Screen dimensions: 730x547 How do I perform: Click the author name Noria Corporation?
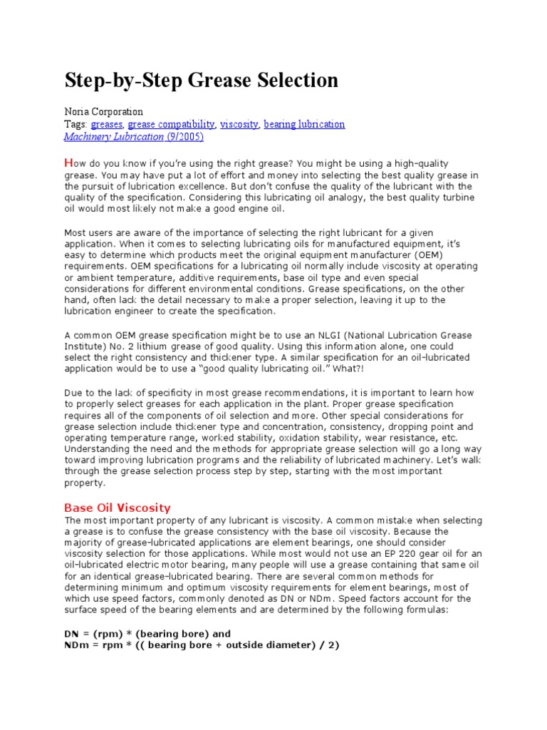pyautogui.click(x=104, y=112)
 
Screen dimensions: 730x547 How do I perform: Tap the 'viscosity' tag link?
pyautogui.click(x=239, y=124)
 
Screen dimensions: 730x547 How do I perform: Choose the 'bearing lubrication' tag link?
pyautogui.click(x=304, y=124)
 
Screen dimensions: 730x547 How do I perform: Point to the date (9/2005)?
pyautogui.click(x=185, y=136)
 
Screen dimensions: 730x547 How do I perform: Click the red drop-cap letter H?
pyautogui.click(x=68, y=163)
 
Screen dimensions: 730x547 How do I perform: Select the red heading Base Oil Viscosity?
pyautogui.click(x=118, y=508)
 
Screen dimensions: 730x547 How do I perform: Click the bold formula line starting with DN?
pyautogui.click(x=147, y=634)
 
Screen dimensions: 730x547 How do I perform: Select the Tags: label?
pyautogui.click(x=76, y=124)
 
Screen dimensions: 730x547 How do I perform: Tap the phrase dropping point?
pyautogui.click(x=415, y=426)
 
